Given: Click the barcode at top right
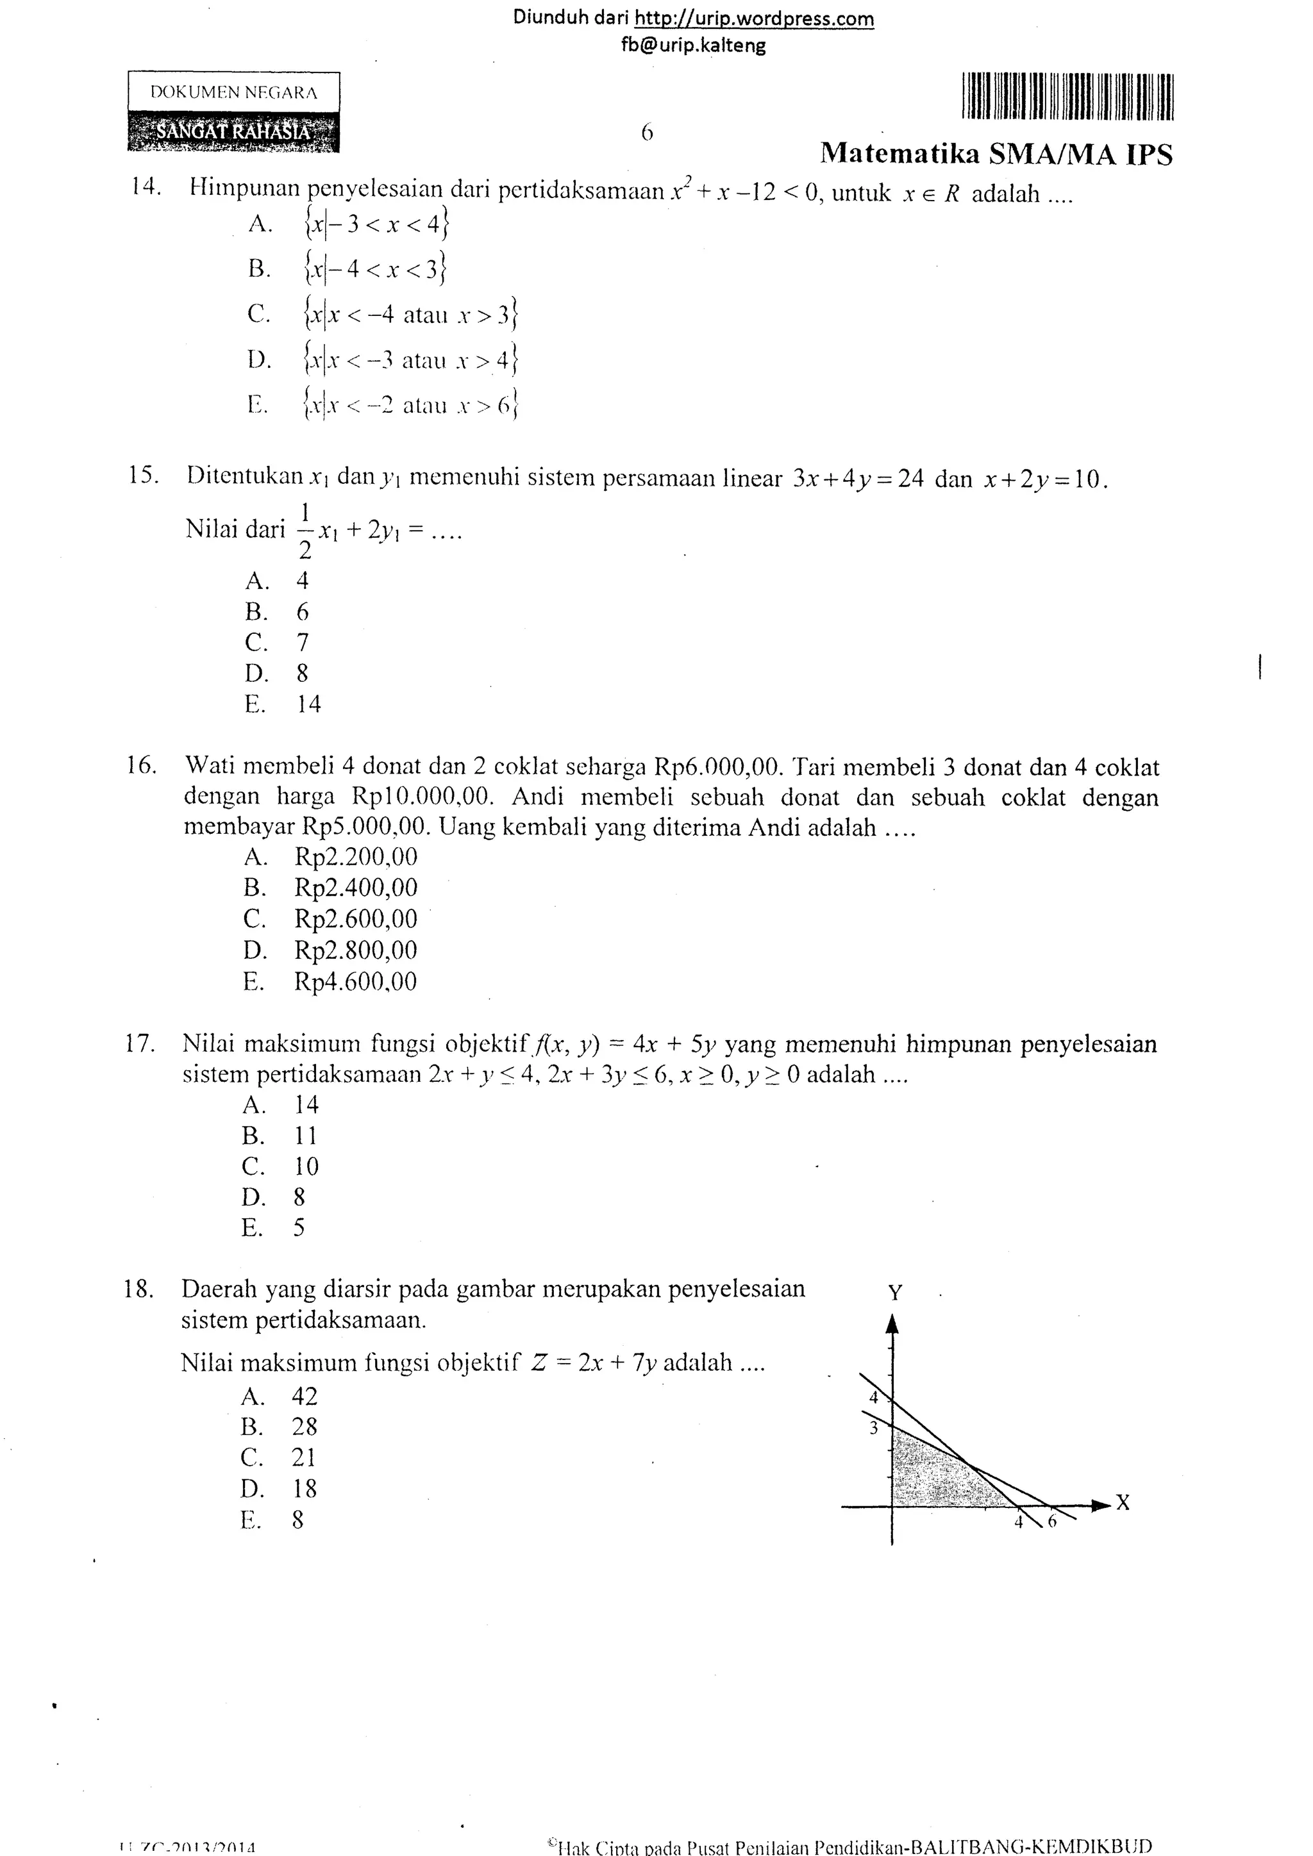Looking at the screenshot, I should tap(1067, 97).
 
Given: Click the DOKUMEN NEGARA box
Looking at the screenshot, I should tap(233, 93).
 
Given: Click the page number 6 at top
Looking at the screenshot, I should tap(647, 133).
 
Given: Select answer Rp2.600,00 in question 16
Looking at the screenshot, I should tap(356, 919).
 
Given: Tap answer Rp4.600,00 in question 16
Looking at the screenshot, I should tap(356, 982).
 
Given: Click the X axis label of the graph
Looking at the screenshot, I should tap(1123, 1503).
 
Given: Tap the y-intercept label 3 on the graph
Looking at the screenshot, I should tap(873, 1429).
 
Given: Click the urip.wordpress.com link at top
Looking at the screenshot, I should tap(753, 19).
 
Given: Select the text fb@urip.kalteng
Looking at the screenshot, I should tap(693, 46).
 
